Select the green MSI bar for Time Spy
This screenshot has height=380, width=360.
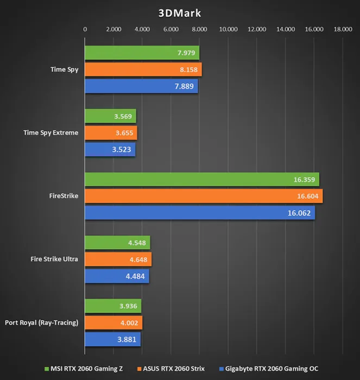click(x=142, y=53)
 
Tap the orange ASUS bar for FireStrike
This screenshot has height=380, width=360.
click(x=204, y=196)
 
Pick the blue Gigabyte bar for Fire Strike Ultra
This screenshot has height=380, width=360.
click(x=117, y=276)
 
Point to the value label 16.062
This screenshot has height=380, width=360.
click(x=299, y=213)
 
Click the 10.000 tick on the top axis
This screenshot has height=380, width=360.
click(x=228, y=29)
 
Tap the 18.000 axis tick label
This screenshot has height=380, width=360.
click(x=343, y=29)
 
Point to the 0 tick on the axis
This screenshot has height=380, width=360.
click(x=85, y=29)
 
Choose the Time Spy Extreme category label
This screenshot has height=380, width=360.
click(x=51, y=132)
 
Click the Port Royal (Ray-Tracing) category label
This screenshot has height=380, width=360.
click(x=42, y=322)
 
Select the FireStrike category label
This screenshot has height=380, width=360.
click(x=63, y=196)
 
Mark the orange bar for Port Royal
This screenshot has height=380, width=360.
click(x=113, y=323)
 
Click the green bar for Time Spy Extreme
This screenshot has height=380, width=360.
click(x=110, y=116)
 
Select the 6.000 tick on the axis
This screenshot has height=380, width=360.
click(x=170, y=29)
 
